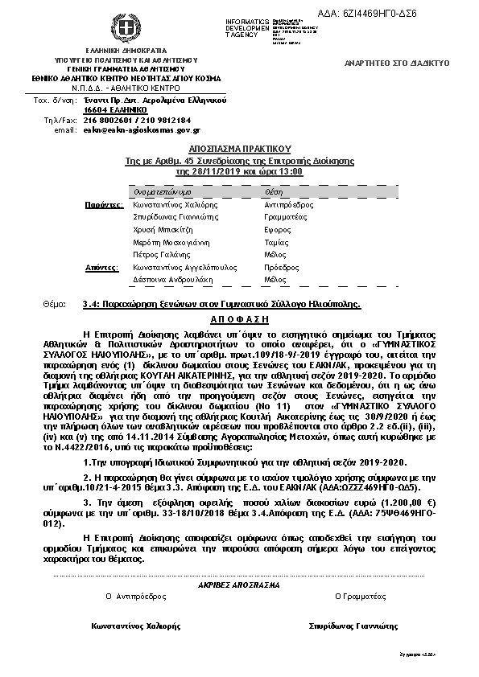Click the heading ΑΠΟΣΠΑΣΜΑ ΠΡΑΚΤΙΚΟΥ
[239, 150]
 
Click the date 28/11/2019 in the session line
[204, 172]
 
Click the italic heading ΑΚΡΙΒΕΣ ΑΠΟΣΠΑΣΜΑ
[239, 587]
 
